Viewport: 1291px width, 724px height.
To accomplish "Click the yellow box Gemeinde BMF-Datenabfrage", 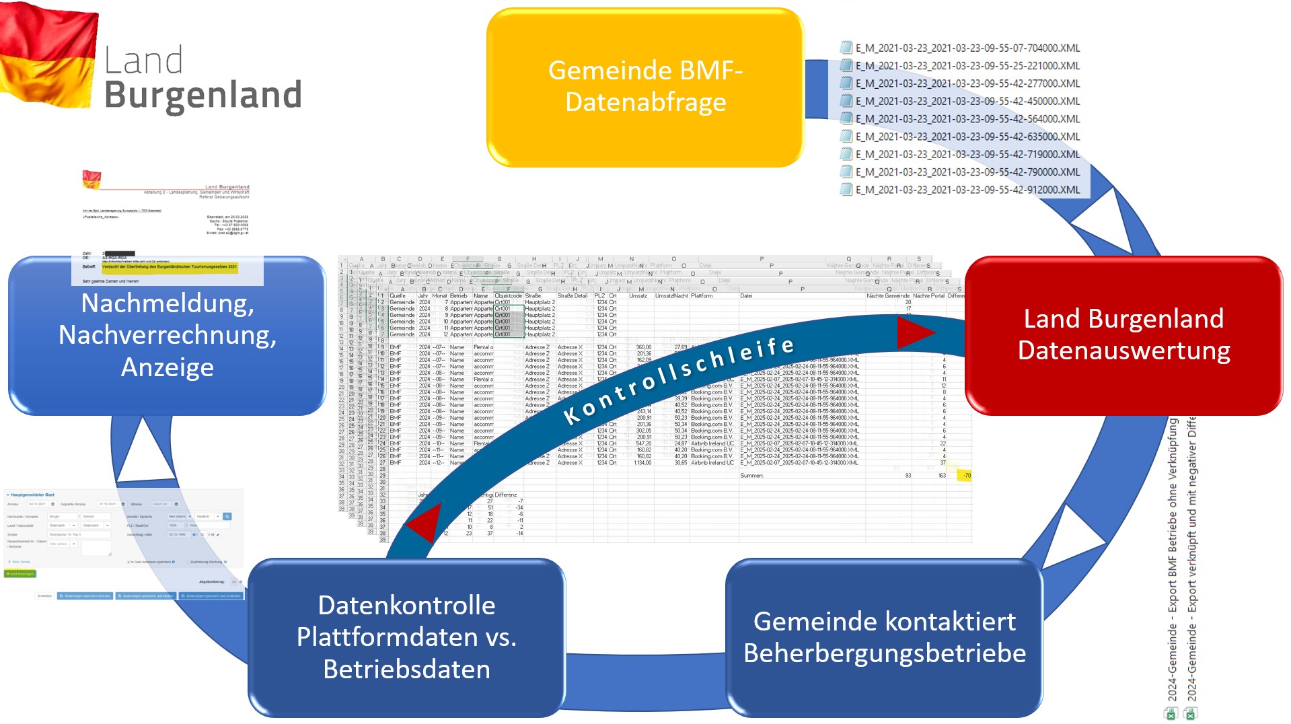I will [x=645, y=87].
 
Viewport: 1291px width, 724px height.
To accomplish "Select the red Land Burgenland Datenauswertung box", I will [x=1123, y=334].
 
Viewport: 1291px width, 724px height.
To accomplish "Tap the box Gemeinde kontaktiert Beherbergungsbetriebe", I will [x=884, y=637].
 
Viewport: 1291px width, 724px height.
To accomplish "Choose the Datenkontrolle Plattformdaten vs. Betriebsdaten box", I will [x=406, y=637].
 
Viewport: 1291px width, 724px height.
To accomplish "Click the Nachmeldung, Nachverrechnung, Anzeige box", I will [x=167, y=335].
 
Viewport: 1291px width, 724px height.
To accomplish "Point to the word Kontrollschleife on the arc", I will [x=679, y=381].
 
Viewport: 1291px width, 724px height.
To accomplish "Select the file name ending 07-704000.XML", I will [x=967, y=48].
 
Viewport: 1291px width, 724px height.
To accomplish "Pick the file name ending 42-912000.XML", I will [x=967, y=190].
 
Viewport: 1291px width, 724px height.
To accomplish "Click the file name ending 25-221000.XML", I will [x=967, y=66].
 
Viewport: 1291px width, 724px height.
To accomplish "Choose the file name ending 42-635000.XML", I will [x=967, y=137].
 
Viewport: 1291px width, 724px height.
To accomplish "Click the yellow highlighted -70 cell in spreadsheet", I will [x=966, y=476].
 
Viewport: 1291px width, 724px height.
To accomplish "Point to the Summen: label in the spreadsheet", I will [x=751, y=476].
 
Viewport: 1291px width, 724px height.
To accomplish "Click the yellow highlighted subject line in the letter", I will [x=169, y=266].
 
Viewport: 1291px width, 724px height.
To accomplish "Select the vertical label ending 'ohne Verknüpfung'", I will [x=1172, y=558].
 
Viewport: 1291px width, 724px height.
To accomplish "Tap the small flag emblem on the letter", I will [x=91, y=179].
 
